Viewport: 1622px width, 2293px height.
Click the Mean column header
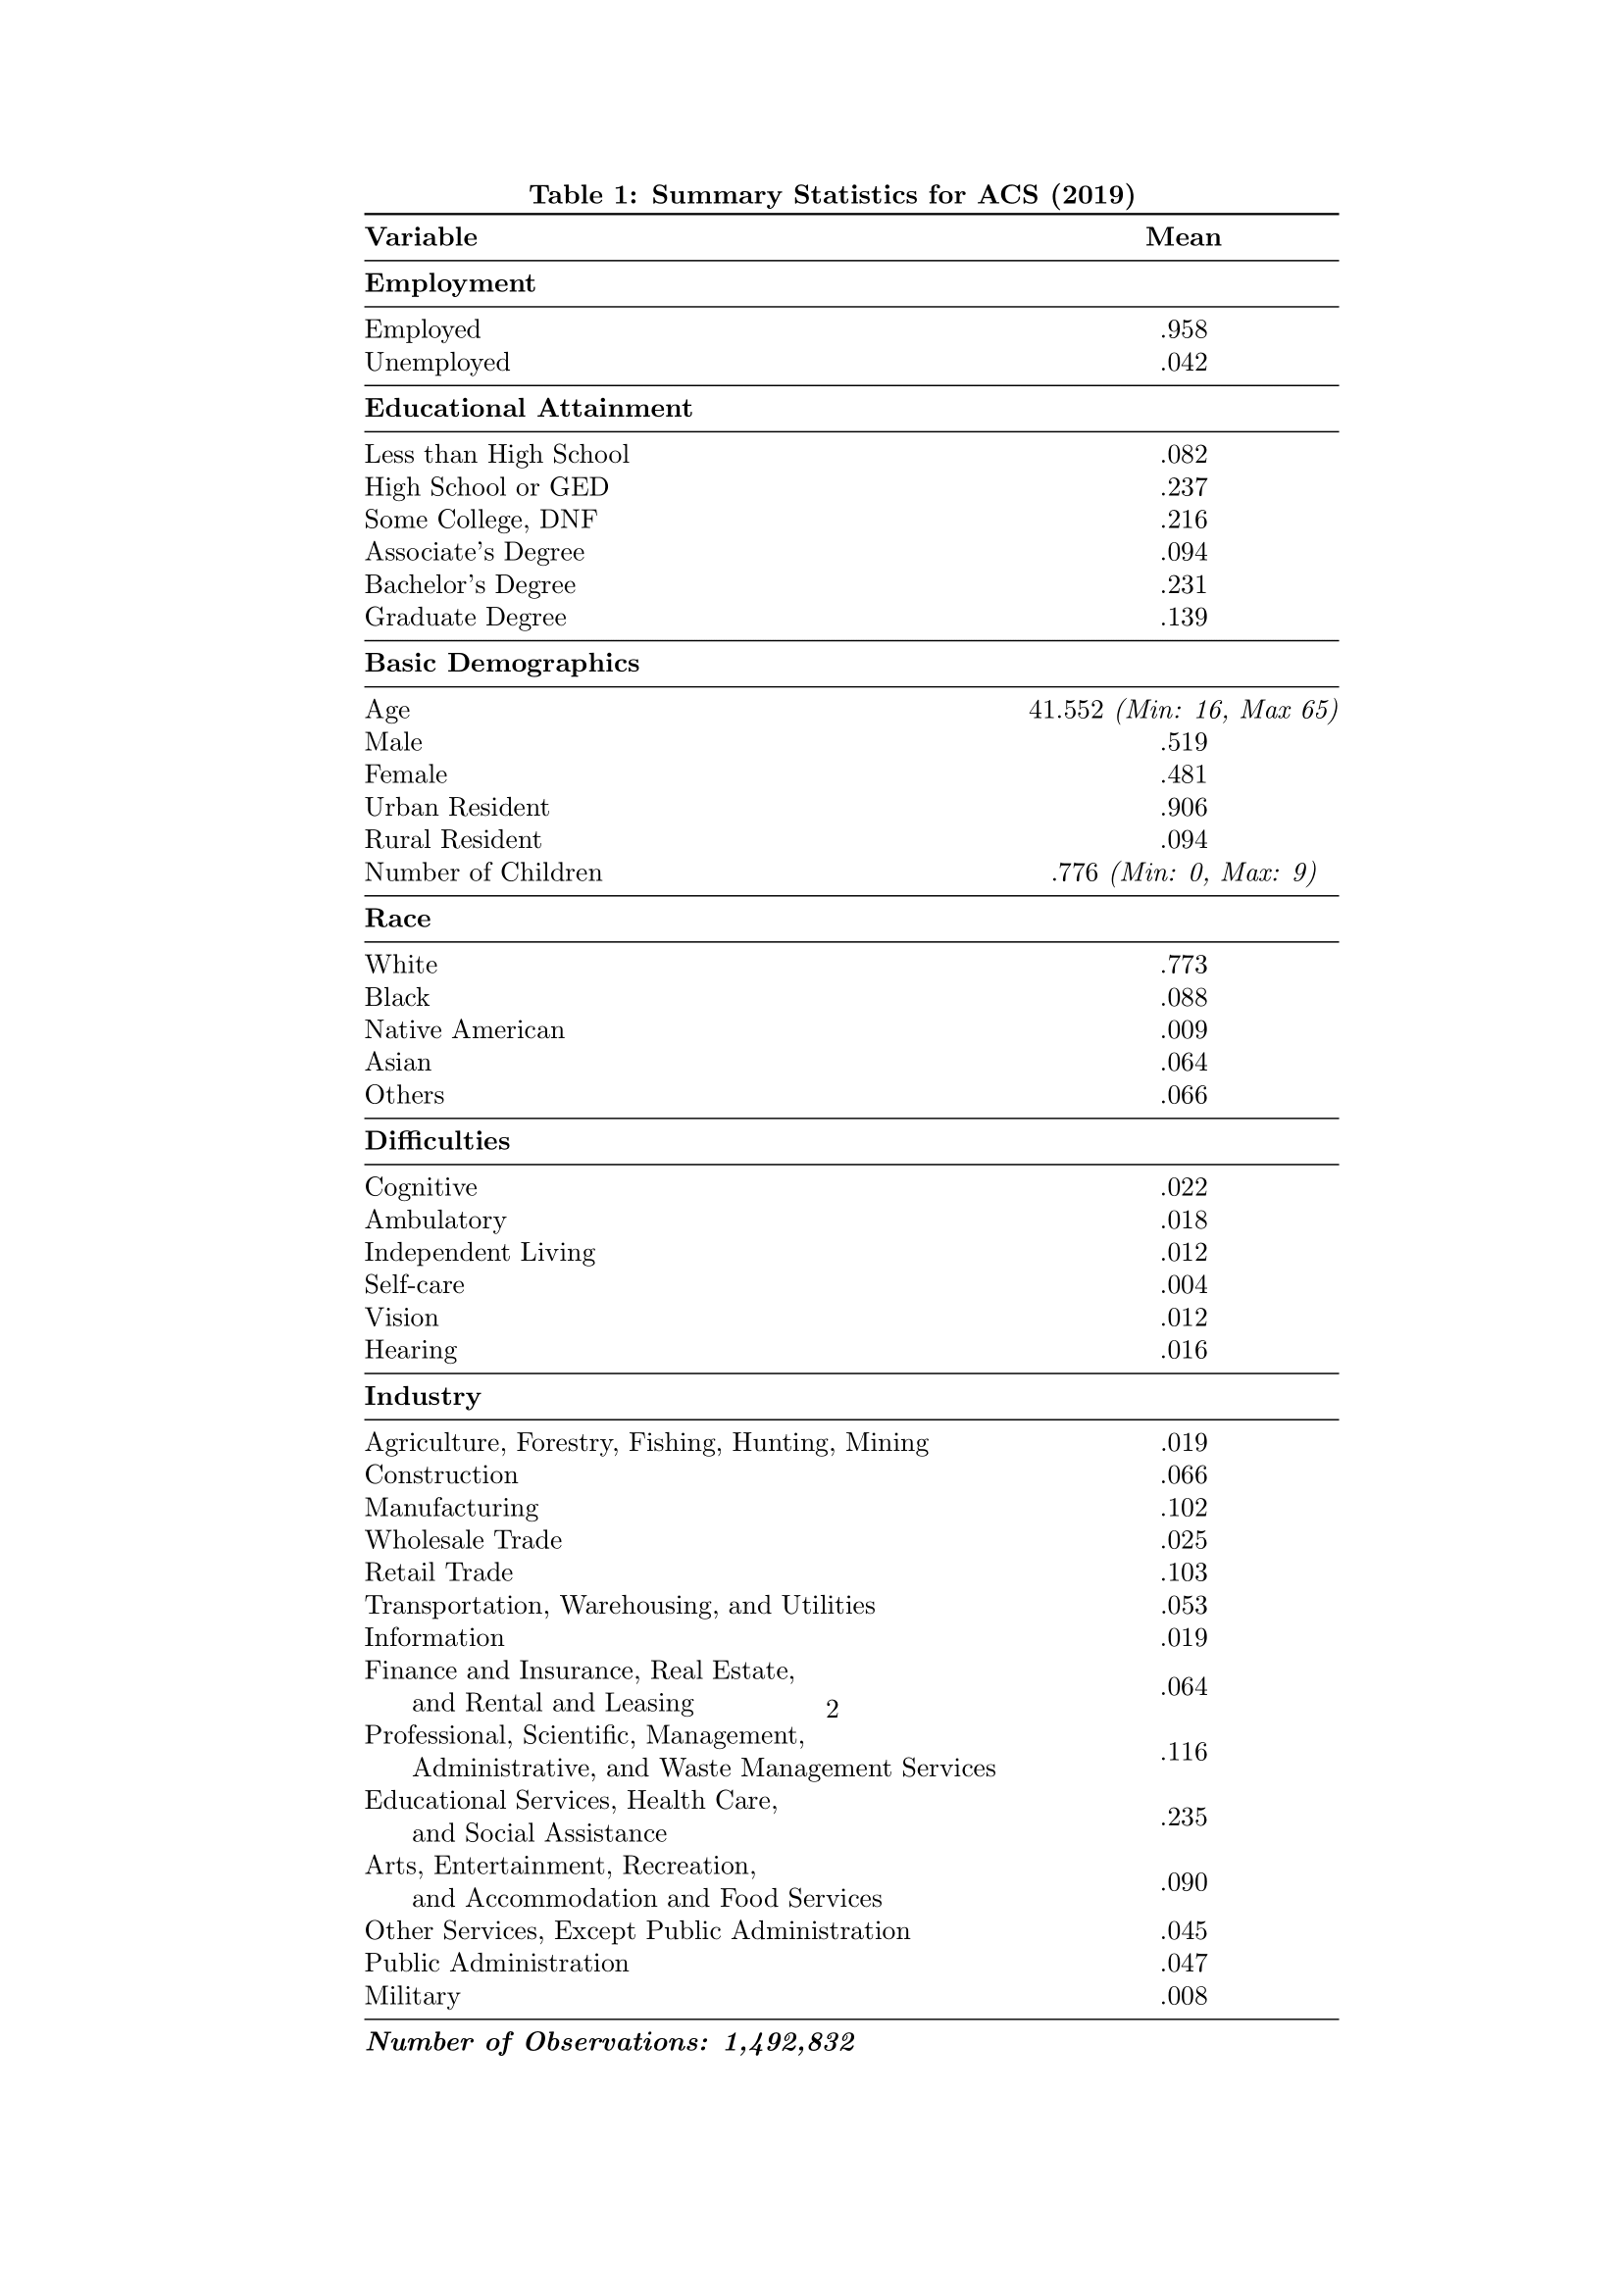[1183, 237]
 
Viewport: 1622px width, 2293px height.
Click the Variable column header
[421, 237]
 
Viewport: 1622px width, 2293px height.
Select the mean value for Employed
[1184, 329]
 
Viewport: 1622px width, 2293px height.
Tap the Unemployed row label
[436, 363]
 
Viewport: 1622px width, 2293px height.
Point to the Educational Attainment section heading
[528, 409]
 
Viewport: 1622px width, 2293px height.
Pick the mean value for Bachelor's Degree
[1184, 585]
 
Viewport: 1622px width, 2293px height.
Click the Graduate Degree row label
[465, 619]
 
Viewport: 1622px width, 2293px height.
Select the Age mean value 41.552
[1066, 710]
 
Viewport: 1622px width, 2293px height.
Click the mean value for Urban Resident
[1184, 808]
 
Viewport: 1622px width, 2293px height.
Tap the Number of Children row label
[483, 872]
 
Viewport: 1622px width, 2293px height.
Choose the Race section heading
[397, 919]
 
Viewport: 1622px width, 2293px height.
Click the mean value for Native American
[1184, 1030]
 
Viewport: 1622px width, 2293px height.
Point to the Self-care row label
[414, 1285]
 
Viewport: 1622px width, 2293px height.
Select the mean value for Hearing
[1184, 1350]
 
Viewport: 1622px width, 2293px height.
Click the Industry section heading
[422, 1396]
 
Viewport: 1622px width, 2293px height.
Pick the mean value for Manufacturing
[1184, 1508]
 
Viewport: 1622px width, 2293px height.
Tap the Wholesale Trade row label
[463, 1540]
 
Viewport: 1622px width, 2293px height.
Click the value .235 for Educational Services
[1184, 1818]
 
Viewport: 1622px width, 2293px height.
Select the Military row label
[412, 1996]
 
